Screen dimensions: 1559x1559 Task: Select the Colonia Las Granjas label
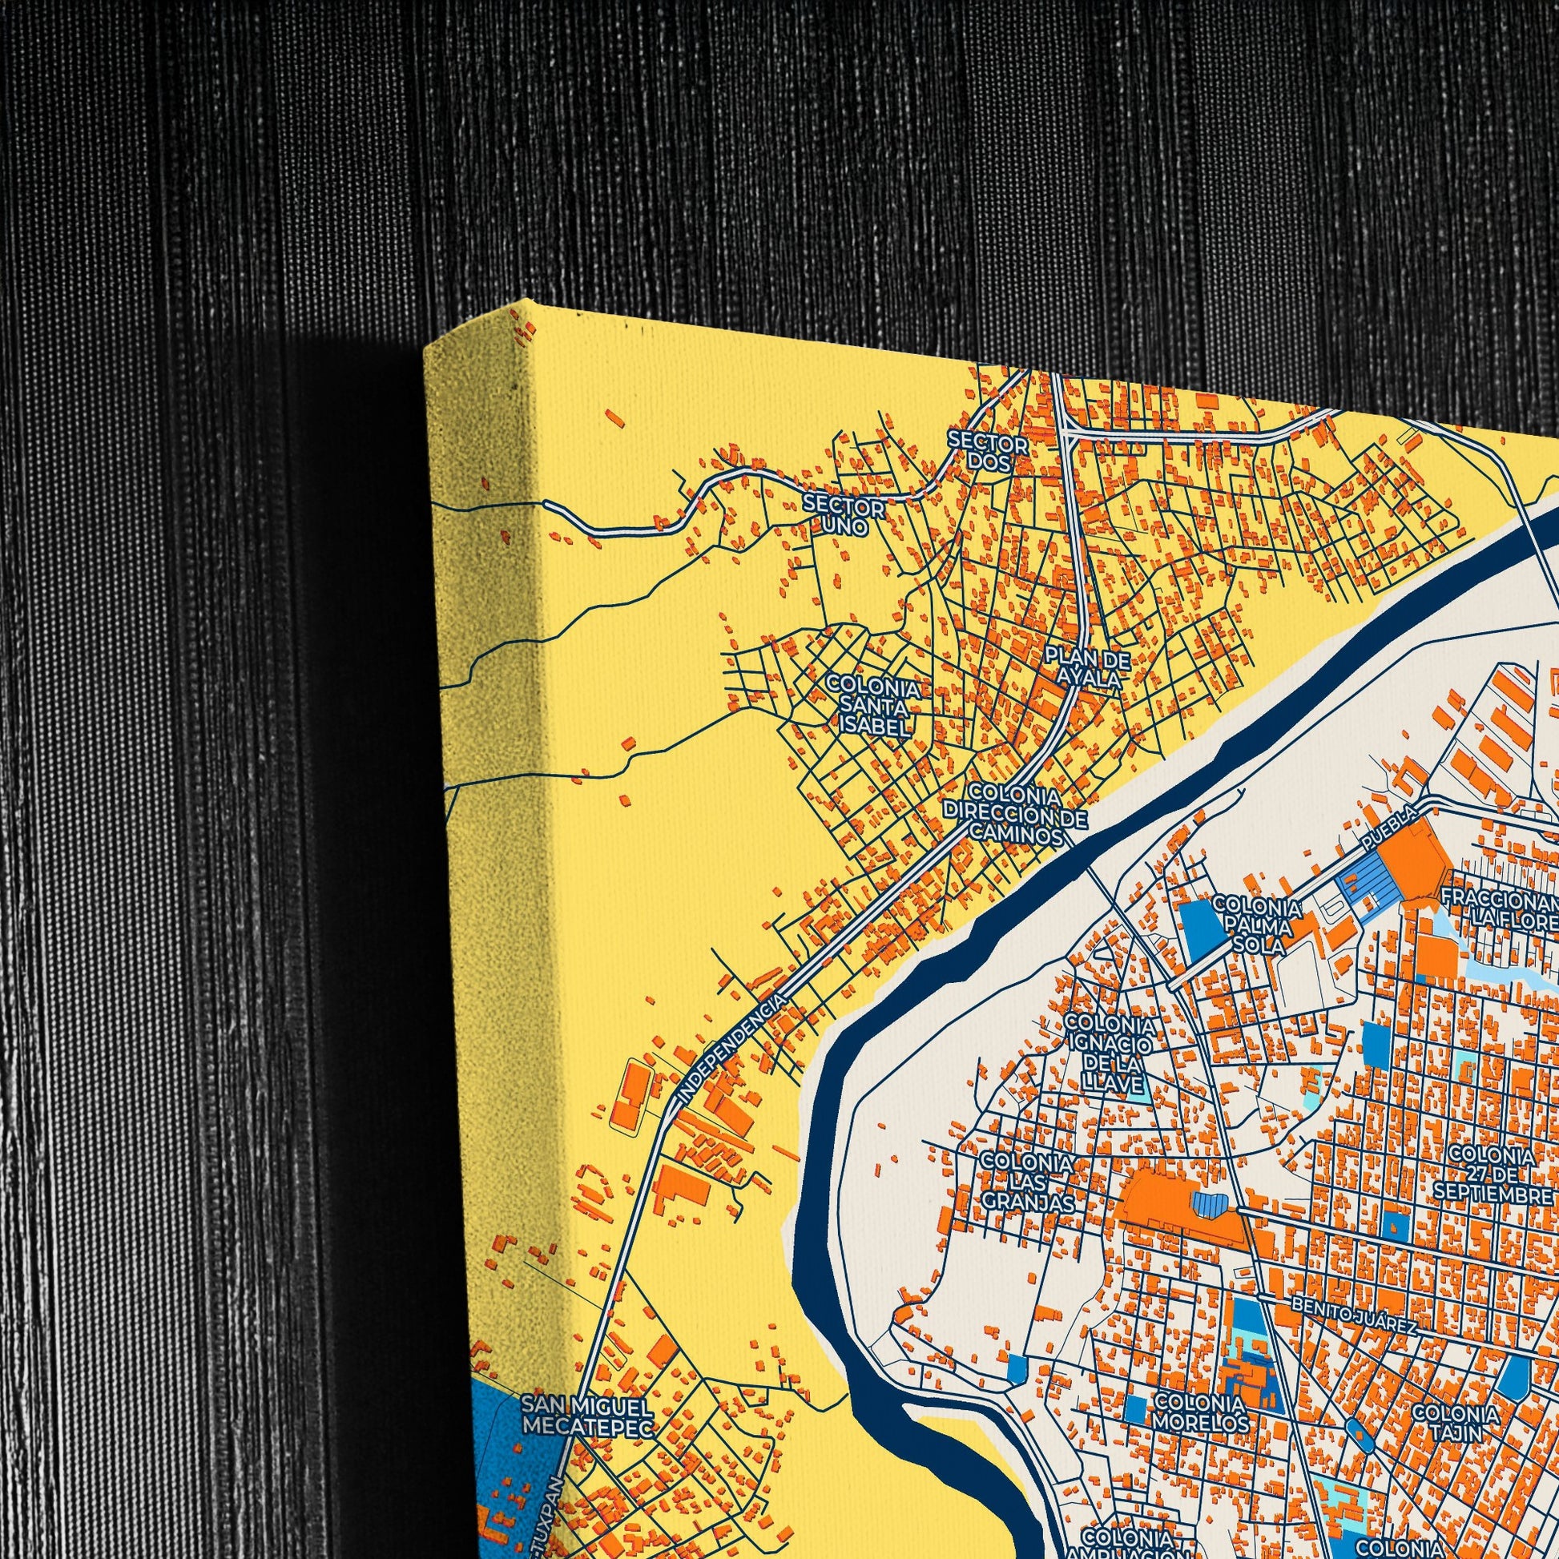pos(1026,1182)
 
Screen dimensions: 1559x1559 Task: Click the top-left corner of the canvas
pos(425,348)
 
